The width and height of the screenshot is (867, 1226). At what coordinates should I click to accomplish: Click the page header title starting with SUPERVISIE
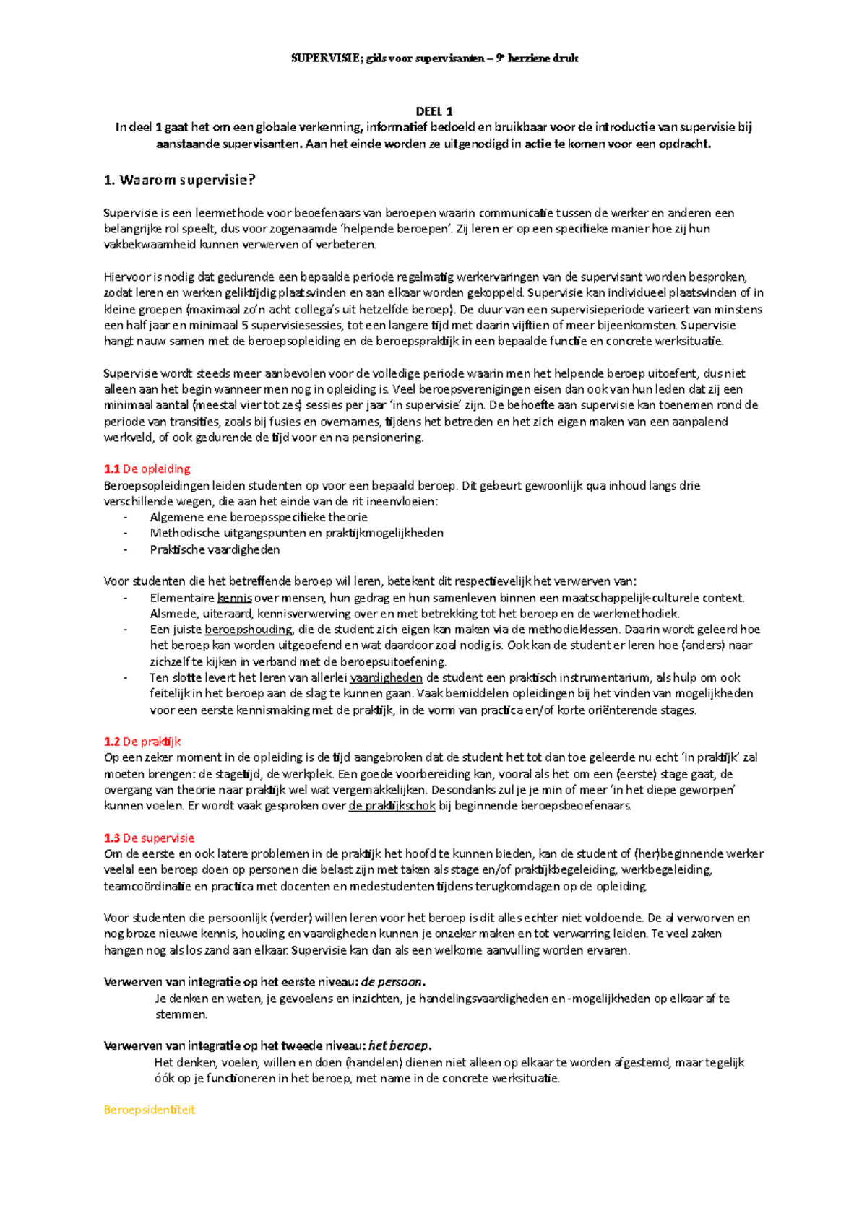point(434,58)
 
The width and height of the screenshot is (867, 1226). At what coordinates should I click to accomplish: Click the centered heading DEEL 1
point(434,111)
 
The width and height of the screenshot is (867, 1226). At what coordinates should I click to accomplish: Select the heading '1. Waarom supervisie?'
point(180,181)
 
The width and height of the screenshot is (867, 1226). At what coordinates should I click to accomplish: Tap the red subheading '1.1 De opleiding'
point(147,469)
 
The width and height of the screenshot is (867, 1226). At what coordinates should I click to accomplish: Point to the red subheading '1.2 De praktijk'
point(142,742)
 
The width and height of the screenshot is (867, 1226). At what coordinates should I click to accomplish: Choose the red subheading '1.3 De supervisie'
point(149,838)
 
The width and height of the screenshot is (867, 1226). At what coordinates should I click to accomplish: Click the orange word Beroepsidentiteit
point(150,1110)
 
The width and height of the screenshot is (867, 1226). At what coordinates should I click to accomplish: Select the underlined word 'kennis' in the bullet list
point(234,598)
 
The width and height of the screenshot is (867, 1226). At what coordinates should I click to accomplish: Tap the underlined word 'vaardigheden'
point(387,678)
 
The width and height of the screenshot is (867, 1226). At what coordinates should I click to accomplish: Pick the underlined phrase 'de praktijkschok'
point(392,806)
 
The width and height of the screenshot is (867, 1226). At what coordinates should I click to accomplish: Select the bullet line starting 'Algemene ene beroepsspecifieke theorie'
point(259,518)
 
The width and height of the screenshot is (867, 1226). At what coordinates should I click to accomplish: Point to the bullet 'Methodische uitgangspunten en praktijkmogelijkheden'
point(296,534)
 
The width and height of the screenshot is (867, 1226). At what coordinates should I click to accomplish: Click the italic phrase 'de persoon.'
point(393,982)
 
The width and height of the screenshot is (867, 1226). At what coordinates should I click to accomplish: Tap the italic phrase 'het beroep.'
point(400,1046)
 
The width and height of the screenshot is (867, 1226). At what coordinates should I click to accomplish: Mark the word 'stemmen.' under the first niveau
point(181,1014)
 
